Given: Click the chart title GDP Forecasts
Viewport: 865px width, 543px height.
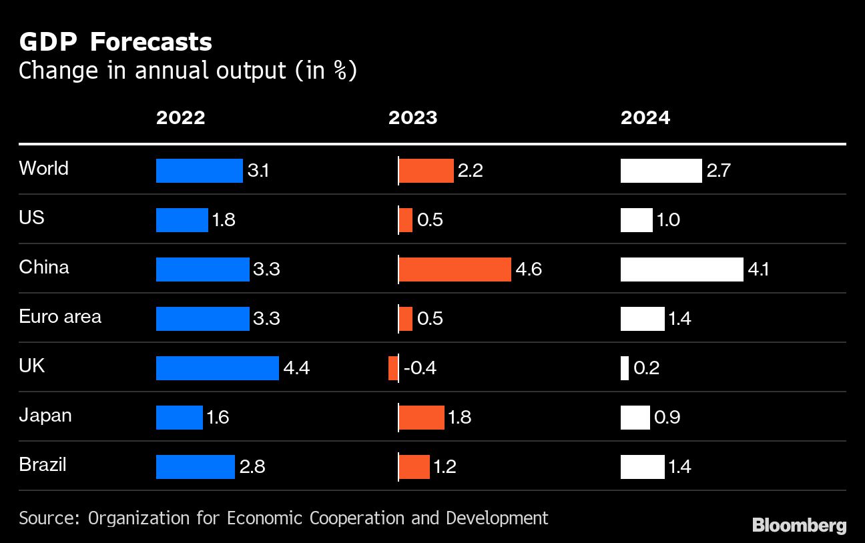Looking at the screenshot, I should point(115,43).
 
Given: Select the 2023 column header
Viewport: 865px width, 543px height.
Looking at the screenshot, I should point(412,118).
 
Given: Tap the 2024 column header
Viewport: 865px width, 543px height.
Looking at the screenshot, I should point(645,118).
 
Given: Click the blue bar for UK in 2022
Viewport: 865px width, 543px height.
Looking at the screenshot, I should point(217,368).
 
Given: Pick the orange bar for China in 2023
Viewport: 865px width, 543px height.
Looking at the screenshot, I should point(455,269).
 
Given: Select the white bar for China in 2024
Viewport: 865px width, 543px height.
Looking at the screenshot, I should point(681,269).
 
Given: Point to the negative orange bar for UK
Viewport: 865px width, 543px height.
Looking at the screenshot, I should point(393,368).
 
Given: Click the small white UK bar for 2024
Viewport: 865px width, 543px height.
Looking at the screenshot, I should point(625,368).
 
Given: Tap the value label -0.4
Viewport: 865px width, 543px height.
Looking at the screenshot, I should point(420,368).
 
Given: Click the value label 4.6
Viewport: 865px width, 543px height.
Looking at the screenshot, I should point(529,269).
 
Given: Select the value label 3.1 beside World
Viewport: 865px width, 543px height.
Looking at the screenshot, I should point(258,171).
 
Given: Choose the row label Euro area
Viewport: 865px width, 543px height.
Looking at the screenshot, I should point(60,316).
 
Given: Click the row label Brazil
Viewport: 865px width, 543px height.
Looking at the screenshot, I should point(43,464).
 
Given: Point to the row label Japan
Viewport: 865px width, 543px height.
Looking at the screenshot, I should point(45,415).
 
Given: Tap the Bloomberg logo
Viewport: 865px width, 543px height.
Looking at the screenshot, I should point(799,525).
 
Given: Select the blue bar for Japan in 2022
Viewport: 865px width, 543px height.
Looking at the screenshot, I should point(179,418).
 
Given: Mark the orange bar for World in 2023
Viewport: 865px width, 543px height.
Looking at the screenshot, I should point(426,171).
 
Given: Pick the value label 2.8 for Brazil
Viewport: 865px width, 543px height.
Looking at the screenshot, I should point(252,467).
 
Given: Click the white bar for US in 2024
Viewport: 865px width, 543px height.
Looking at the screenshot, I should point(636,220).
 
